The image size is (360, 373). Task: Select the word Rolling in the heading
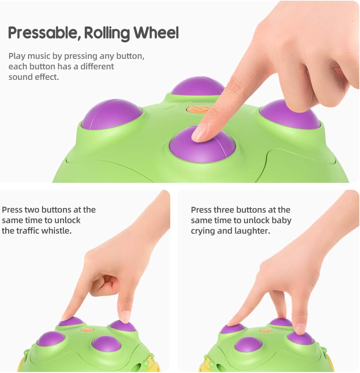[x=107, y=33]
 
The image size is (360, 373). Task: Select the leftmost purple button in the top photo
[x=112, y=115]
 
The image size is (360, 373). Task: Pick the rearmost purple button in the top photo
[x=198, y=86]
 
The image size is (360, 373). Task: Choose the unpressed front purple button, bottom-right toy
[x=248, y=344]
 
